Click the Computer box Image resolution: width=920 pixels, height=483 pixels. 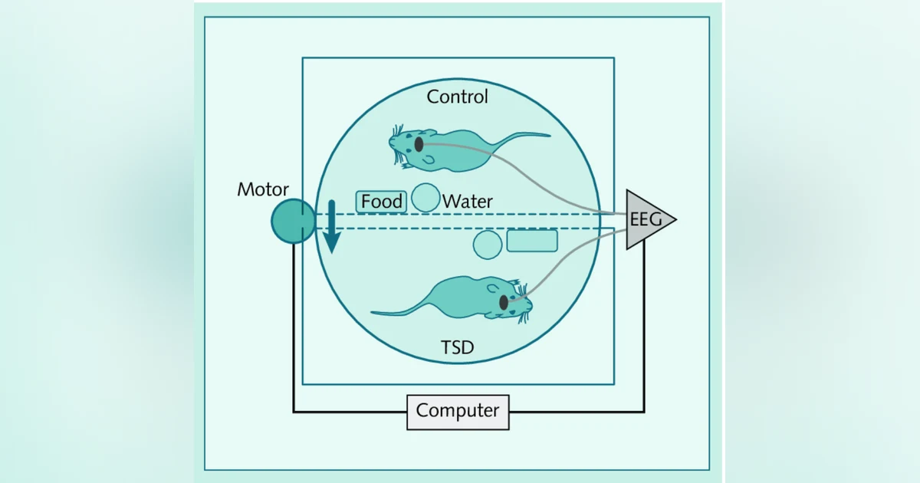click(458, 412)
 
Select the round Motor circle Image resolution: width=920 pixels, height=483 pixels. click(293, 222)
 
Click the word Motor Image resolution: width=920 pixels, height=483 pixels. click(263, 189)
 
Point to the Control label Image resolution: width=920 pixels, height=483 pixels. click(457, 97)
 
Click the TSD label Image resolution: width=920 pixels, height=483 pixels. click(457, 347)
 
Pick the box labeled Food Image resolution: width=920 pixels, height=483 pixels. click(381, 202)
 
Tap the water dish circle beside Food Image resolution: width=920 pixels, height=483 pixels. click(426, 198)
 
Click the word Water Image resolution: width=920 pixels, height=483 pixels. click(468, 201)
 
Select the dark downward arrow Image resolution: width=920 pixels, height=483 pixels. click(331, 227)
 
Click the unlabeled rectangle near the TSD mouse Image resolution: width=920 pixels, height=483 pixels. click(532, 240)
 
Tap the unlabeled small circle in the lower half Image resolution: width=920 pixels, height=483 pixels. click(488, 245)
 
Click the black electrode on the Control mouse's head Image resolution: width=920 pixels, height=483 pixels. click(419, 145)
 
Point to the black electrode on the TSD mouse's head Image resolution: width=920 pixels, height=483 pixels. click(504, 303)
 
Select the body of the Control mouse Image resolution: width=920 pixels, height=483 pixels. click(452, 150)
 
